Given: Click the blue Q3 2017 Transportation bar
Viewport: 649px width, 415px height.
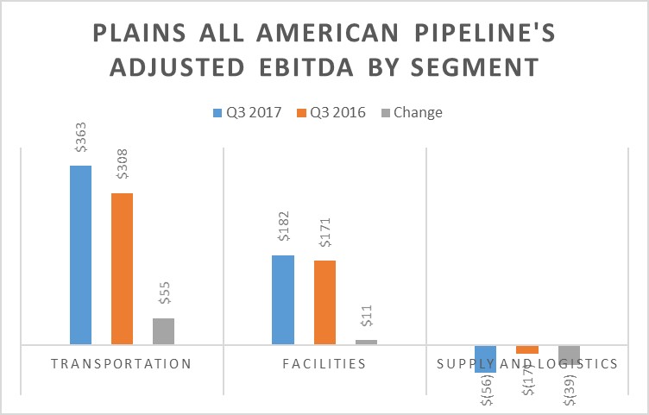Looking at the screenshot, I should click(80, 255).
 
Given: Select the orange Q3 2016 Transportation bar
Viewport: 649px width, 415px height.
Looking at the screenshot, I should click(122, 268).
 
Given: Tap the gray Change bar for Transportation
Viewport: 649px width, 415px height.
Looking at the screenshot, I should click(163, 331).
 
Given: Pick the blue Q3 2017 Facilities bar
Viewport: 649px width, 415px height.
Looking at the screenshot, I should click(283, 299).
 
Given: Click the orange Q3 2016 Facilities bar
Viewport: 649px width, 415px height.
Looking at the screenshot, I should click(324, 302).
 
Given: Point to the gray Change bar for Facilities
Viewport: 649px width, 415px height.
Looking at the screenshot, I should click(366, 342).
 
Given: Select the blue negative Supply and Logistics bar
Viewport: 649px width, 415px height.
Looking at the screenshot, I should click(486, 358).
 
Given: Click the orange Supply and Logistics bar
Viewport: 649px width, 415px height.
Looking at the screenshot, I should click(527, 349).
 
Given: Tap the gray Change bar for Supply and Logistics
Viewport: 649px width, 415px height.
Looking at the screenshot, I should click(569, 355).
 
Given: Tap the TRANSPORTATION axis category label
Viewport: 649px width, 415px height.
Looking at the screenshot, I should click(121, 364).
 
